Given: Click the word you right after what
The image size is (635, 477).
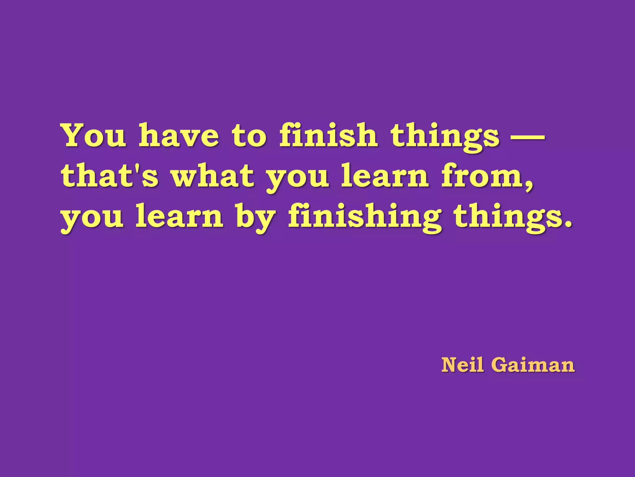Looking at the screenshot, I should [x=298, y=178].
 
